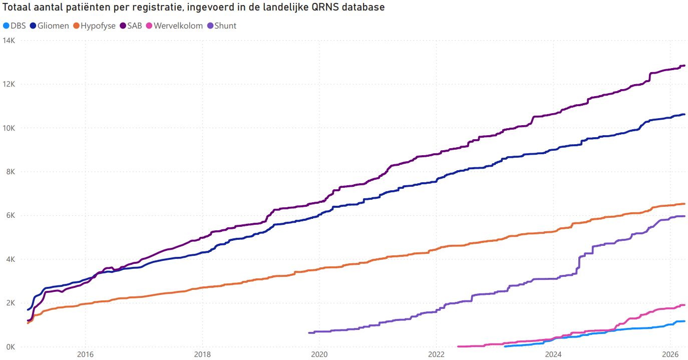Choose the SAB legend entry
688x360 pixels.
pos(135,26)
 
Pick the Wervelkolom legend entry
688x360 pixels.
pos(177,26)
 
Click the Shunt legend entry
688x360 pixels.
pos(225,26)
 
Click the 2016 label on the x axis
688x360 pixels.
pos(86,354)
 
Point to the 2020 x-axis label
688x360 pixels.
pos(319,354)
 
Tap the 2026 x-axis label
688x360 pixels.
pos(670,354)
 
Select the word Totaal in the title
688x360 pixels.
pos(17,8)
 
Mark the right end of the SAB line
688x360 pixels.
pos(684,66)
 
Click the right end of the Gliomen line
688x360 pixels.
pos(684,115)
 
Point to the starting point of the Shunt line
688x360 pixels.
pos(309,332)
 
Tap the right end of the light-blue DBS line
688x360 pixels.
pos(684,321)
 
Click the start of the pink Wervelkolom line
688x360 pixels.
pos(459,346)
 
